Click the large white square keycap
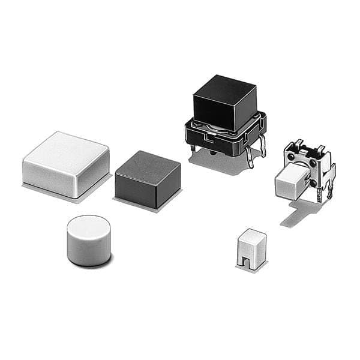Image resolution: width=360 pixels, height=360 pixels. click(66, 164)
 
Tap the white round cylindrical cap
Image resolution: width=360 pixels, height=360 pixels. click(88, 240)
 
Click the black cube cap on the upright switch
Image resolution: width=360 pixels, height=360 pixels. click(224, 102)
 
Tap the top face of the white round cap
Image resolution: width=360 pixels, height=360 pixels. click(88, 227)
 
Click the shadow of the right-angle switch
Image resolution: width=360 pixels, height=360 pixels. click(300, 213)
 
